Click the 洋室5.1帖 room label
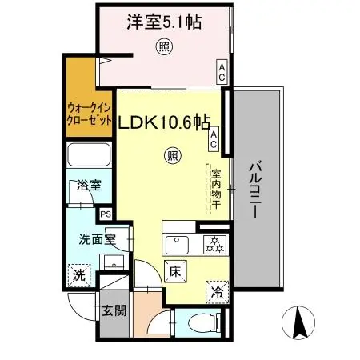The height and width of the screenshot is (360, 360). (x=162, y=22)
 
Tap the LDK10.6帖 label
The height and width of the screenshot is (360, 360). (x=164, y=124)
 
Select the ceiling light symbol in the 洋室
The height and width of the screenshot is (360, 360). (x=164, y=46)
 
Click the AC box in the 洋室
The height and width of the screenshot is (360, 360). (x=221, y=73)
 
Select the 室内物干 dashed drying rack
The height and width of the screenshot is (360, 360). (x=215, y=189)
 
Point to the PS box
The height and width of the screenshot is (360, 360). (x=106, y=214)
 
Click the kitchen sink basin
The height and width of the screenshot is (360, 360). (x=177, y=242)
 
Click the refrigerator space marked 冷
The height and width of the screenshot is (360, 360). (x=216, y=293)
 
